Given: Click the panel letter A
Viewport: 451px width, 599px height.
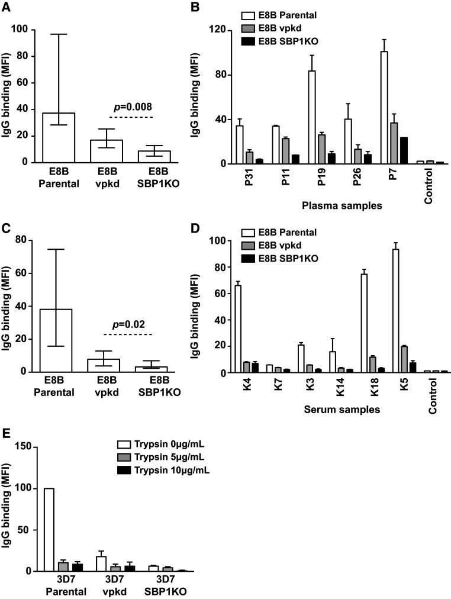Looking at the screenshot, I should tap(7, 7).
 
